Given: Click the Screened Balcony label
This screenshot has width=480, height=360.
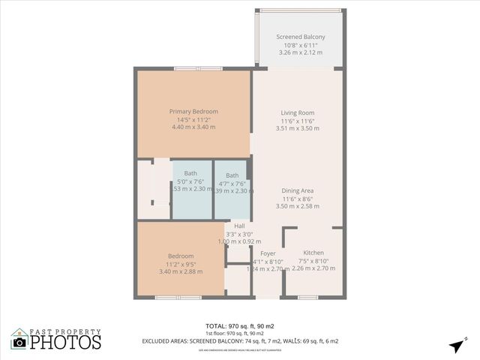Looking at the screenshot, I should point(300,37).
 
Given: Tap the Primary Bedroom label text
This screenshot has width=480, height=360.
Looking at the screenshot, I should point(193,111).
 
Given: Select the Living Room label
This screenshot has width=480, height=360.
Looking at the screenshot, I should point(298,112).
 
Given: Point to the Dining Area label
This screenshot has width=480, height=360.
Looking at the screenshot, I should point(298,190).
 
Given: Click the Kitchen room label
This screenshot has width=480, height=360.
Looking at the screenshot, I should point(313,253).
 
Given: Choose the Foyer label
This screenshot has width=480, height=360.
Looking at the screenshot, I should point(268,253).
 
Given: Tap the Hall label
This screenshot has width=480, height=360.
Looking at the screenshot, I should point(239,226).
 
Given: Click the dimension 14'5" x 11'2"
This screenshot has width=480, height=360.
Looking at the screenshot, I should point(193,119).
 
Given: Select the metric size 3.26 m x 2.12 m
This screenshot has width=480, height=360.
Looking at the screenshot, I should point(300,52).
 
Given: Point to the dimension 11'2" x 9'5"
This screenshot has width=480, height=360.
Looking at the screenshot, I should point(181,263).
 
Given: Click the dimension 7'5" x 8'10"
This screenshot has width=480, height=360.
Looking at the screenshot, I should point(313,261).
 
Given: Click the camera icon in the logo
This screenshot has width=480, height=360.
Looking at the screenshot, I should point(19,342).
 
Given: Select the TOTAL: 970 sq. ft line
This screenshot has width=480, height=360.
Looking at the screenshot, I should point(240,326).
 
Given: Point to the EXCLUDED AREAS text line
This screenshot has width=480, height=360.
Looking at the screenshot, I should point(240,341).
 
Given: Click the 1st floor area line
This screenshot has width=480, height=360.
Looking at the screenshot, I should point(240,334).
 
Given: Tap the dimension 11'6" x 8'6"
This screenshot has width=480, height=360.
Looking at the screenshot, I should point(298,198).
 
